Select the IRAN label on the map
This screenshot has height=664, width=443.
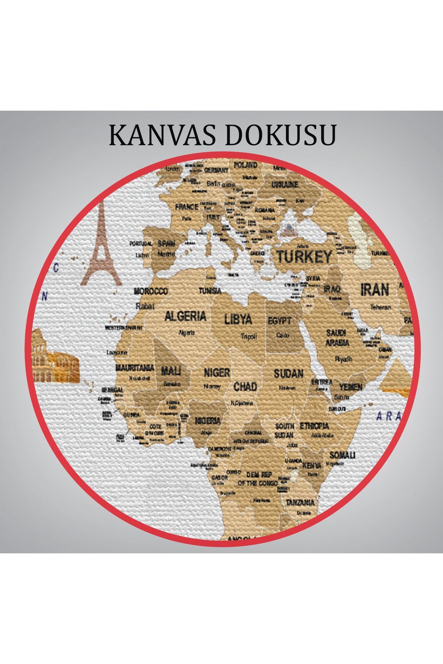pyautogui.click(x=375, y=290)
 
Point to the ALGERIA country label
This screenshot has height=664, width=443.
pyautogui.click(x=185, y=316)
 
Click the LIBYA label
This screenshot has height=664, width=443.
pyautogui.click(x=238, y=319)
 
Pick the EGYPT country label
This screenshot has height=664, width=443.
pyautogui.click(x=279, y=321)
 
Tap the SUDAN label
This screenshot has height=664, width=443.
pyautogui.click(x=288, y=374)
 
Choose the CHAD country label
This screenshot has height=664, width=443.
pyautogui.click(x=245, y=387)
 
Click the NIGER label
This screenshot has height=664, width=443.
pyautogui.click(x=217, y=373)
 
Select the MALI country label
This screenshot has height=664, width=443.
pyautogui.click(x=171, y=371)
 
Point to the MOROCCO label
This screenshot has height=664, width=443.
pyautogui.click(x=151, y=291)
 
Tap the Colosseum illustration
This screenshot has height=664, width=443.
pyautogui.click(x=55, y=363)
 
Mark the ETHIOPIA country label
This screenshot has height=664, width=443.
pyautogui.click(x=314, y=426)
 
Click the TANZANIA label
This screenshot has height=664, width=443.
pyautogui.click(x=300, y=502)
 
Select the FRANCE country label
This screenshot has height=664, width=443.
pyautogui.click(x=187, y=207)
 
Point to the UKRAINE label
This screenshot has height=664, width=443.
pyautogui.click(x=285, y=184)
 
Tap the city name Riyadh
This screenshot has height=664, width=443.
pyautogui.click(x=343, y=358)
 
